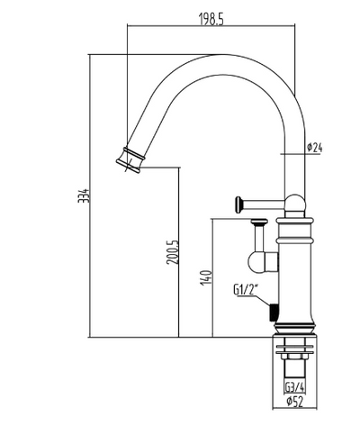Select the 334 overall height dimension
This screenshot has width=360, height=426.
83,195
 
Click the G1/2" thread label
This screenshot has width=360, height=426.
247,290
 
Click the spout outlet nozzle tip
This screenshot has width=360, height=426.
130,159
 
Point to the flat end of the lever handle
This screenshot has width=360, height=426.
240,203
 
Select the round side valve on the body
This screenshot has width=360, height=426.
267,262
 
